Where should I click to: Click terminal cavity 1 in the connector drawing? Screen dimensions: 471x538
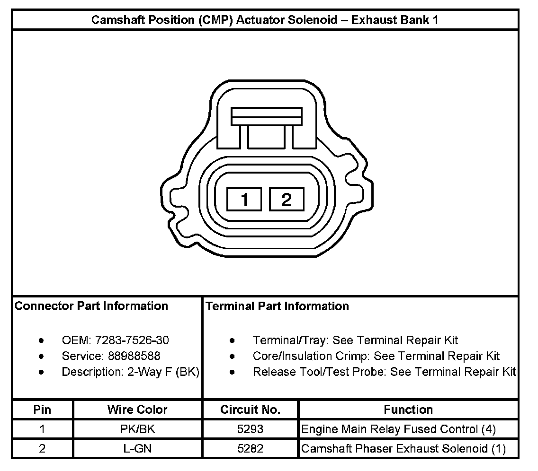244,200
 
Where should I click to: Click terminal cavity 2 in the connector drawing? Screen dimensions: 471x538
287,200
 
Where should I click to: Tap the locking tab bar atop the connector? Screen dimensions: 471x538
267,116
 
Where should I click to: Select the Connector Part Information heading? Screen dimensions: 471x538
91,306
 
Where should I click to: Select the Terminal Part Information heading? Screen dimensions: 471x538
277,306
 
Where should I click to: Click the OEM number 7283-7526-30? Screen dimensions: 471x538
132,340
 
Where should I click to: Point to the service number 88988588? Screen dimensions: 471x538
134,356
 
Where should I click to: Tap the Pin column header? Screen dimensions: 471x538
43,410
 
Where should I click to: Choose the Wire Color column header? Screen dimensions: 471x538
137,410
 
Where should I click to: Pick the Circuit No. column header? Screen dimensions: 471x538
250,410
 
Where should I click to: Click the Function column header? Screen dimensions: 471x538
408,410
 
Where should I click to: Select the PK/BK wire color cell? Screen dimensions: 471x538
137,429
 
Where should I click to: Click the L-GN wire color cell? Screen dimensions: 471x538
137,449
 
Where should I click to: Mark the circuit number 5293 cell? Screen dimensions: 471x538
250,429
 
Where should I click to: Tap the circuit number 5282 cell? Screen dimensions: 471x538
250,449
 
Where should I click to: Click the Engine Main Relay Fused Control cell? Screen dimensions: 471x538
399,429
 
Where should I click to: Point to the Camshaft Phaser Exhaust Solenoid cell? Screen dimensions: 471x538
403,449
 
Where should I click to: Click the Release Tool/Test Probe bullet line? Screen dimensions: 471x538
384,372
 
